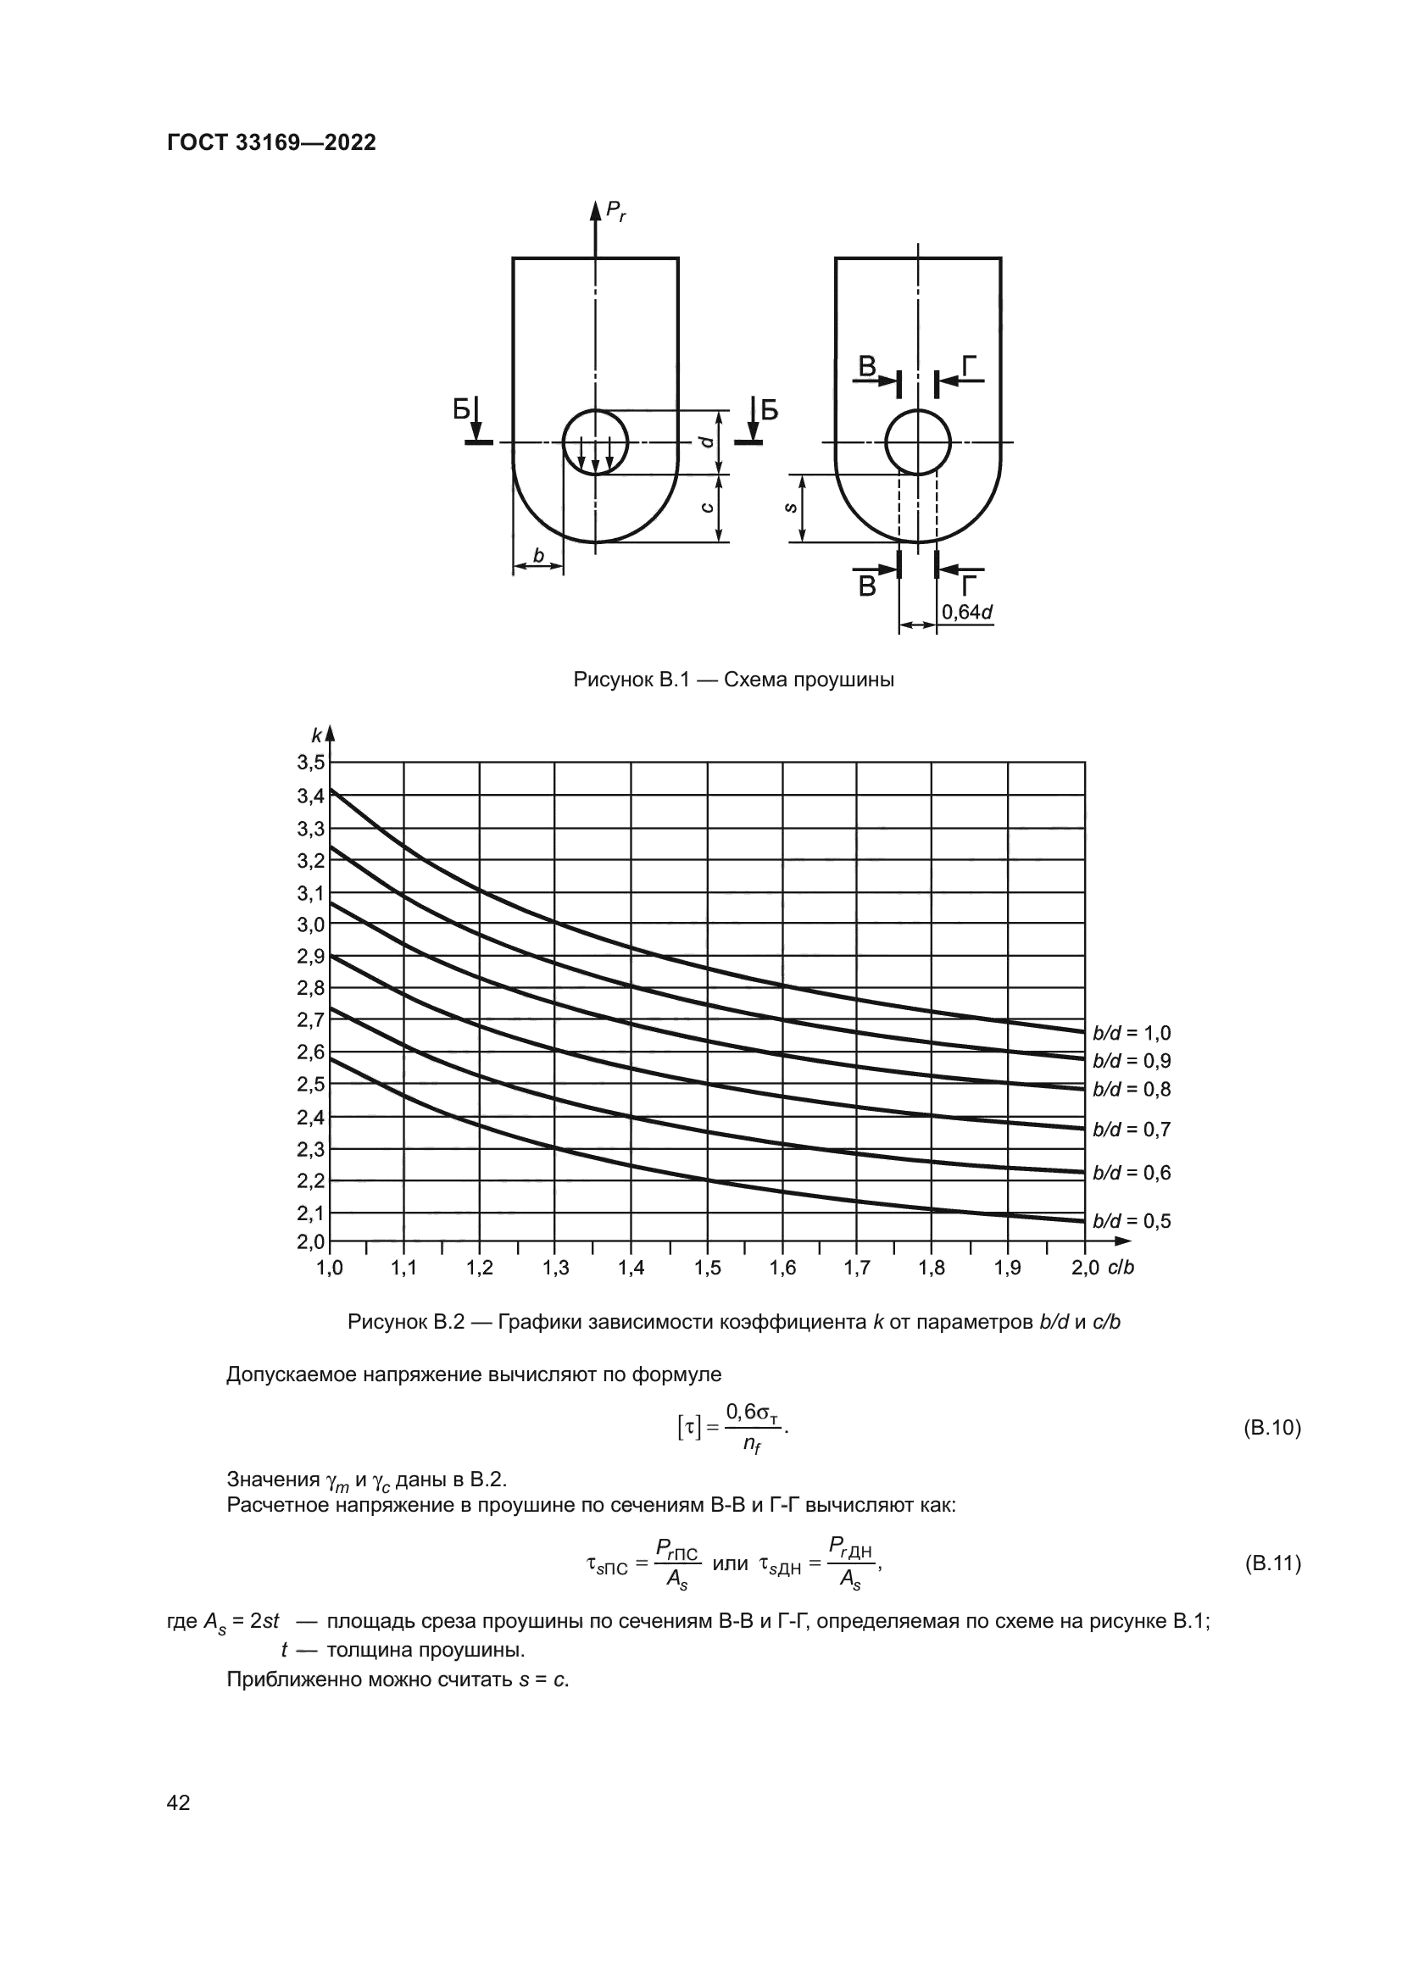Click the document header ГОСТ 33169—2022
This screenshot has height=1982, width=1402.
[271, 142]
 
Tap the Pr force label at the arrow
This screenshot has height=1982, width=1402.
[615, 210]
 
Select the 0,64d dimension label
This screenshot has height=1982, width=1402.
[966, 612]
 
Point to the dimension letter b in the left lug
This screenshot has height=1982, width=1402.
[539, 556]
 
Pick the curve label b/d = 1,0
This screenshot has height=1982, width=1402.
[1131, 1033]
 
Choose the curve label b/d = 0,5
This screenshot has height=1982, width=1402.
[1131, 1220]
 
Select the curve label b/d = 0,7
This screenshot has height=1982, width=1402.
[1131, 1129]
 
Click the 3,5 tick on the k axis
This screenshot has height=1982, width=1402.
[311, 763]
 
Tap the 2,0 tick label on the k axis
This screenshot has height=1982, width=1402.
[311, 1241]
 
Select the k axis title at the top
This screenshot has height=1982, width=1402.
[317, 736]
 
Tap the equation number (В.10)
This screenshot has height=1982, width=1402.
[1271, 1428]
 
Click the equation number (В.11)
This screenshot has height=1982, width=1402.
[1271, 1563]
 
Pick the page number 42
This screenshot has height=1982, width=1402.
[179, 1802]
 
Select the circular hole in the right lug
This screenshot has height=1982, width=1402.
[918, 442]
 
